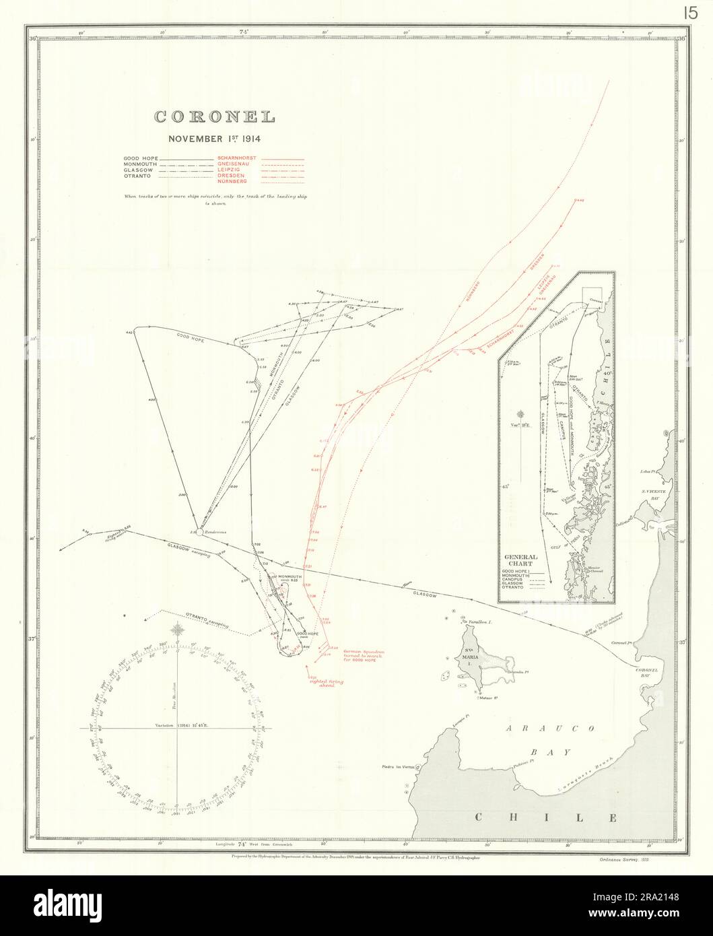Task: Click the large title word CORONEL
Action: click(215, 116)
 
